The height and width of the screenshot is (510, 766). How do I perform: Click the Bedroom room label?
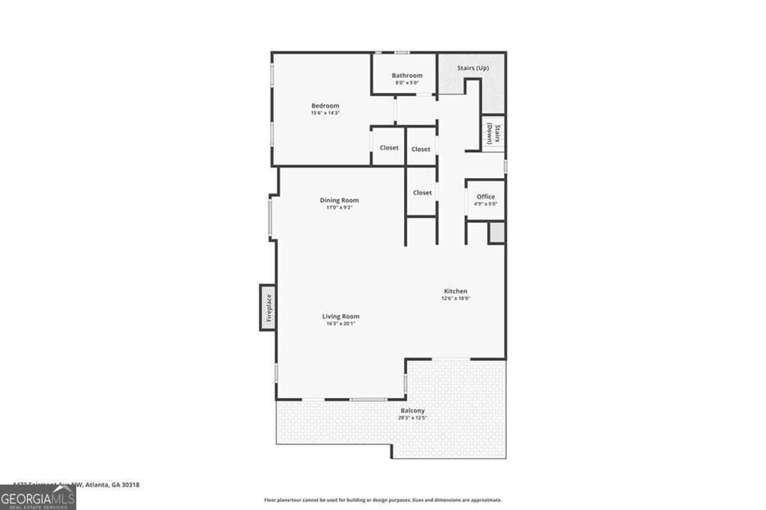(x=325, y=105)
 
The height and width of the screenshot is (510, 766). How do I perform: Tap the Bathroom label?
(x=407, y=76)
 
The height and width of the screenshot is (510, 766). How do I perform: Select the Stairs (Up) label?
(x=473, y=68)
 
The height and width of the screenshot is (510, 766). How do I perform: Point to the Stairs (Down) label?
(x=493, y=134)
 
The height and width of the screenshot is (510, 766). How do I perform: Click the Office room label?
(x=485, y=197)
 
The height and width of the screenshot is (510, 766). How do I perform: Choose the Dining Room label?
(x=339, y=200)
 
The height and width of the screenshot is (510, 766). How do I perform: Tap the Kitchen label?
(x=456, y=291)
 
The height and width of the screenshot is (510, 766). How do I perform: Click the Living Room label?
(x=340, y=316)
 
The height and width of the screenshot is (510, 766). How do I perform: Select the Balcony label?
(x=412, y=411)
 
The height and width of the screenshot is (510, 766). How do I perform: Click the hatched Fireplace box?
(x=268, y=307)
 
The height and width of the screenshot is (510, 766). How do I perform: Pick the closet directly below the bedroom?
(x=389, y=147)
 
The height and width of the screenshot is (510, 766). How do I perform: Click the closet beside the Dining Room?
(x=422, y=192)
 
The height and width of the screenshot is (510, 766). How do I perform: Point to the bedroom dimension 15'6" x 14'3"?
(x=325, y=113)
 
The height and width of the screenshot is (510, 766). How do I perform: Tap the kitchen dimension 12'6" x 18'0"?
(x=456, y=298)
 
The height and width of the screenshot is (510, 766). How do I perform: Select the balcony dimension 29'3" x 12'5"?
(x=412, y=418)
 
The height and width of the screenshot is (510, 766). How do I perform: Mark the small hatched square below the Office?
(x=497, y=233)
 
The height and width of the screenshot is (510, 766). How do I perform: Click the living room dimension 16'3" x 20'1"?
(x=340, y=324)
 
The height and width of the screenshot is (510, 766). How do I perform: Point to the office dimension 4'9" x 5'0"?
(x=485, y=204)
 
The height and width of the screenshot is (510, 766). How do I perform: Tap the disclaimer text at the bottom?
(x=382, y=500)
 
